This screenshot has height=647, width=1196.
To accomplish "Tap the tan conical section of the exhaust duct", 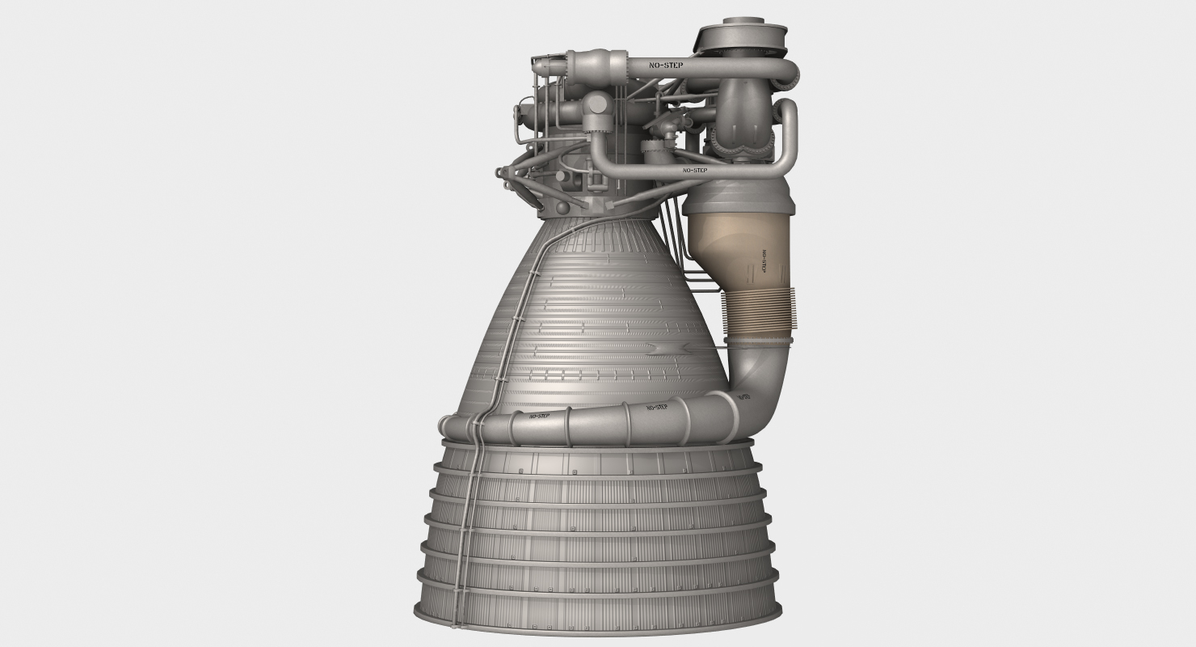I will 731,247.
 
